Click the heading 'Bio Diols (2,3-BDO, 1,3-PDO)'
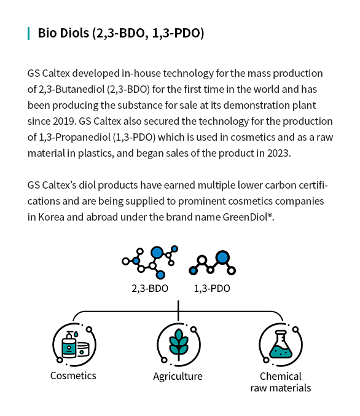[x=121, y=33]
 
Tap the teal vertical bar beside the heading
[x=28, y=33]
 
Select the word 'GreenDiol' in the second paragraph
[x=245, y=217]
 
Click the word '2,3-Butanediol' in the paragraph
[x=72, y=90]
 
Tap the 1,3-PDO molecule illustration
[x=212, y=262]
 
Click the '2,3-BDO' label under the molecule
[x=150, y=288]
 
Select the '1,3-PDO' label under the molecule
[x=212, y=288]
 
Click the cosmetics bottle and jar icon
[x=76, y=345]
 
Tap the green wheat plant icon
[x=179, y=344]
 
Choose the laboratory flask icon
[x=281, y=344]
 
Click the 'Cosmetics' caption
[x=73, y=375]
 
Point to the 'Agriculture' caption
[x=178, y=377]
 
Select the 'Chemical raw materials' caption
[x=281, y=382]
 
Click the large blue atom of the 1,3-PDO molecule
[x=222, y=257]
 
